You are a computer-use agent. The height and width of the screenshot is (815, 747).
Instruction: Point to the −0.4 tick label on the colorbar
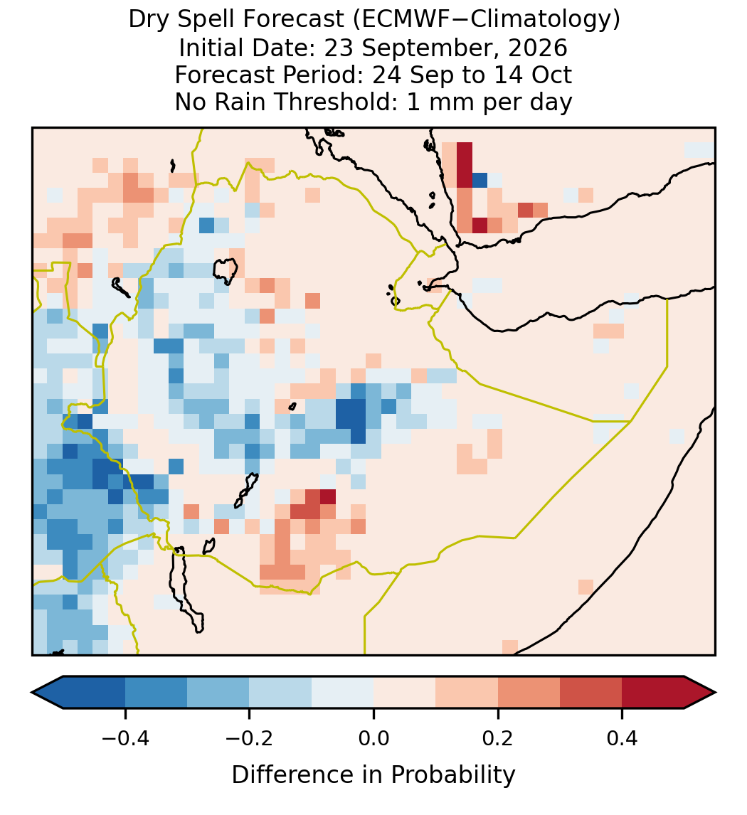(x=125, y=738)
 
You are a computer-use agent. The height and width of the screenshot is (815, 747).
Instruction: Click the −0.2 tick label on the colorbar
(x=250, y=738)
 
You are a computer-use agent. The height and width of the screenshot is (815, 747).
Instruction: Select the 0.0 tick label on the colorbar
(x=373, y=738)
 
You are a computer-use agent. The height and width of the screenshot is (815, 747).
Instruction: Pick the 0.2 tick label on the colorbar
(x=498, y=738)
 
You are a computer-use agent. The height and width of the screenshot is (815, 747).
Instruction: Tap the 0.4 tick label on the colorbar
(x=622, y=738)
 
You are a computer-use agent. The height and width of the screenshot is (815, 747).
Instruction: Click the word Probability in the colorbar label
(x=452, y=775)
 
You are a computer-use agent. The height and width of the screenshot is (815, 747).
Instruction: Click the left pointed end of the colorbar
(x=32, y=693)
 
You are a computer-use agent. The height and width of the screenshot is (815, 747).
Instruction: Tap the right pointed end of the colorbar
(x=715, y=693)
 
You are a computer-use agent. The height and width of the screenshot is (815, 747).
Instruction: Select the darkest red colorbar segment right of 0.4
(x=653, y=693)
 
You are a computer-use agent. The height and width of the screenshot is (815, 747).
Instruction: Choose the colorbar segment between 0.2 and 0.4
(x=560, y=693)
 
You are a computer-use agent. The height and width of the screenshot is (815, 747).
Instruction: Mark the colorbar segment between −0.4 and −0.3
(x=156, y=693)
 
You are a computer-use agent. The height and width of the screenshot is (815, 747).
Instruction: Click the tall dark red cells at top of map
(x=465, y=165)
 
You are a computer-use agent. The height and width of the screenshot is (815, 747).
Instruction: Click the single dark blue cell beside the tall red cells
(x=480, y=181)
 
